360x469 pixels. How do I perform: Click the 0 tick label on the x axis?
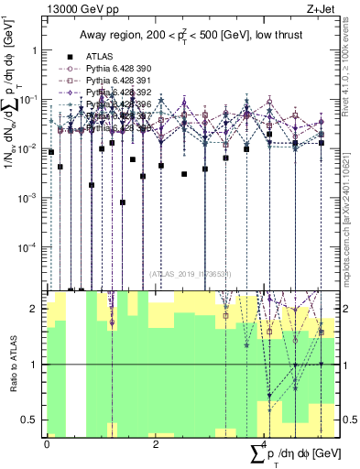click(47, 444)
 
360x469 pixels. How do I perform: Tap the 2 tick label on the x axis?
click(156, 444)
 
